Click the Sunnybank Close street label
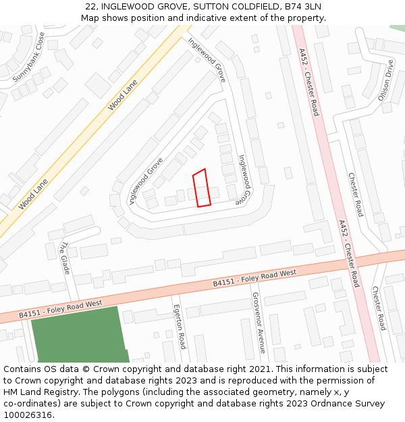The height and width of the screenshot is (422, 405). [x=28, y=58]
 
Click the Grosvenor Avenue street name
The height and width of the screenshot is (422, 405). [x=256, y=323]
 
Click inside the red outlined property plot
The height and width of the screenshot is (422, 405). [x=201, y=188]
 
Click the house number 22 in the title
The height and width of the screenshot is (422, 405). [x=91, y=7]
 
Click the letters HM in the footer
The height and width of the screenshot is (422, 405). [x=11, y=392]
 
